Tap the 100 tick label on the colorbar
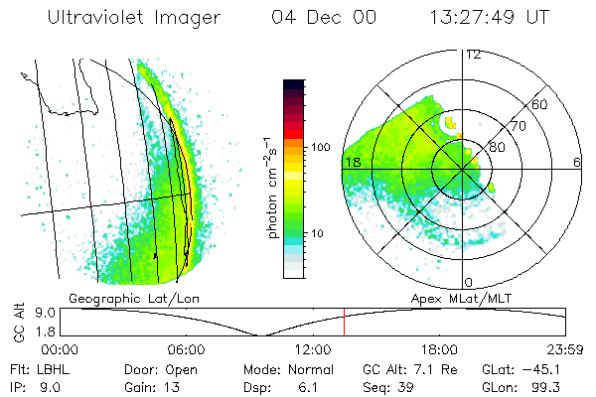coord(319,147)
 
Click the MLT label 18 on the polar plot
coord(352,162)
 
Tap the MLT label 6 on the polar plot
coord(576,162)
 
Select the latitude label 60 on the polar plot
coord(540,104)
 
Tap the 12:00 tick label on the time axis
coord(312,349)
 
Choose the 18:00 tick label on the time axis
coord(439,349)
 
